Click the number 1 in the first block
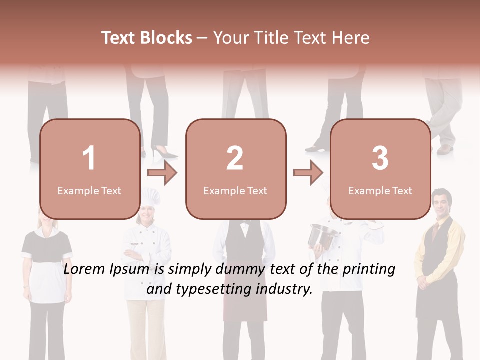click(89, 158)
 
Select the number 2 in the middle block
click(235, 158)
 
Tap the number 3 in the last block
click(380, 158)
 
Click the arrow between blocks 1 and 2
click(163, 173)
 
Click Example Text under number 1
click(89, 190)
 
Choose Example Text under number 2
click(235, 190)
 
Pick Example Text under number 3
click(380, 190)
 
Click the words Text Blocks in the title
click(147, 38)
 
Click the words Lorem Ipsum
click(107, 270)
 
